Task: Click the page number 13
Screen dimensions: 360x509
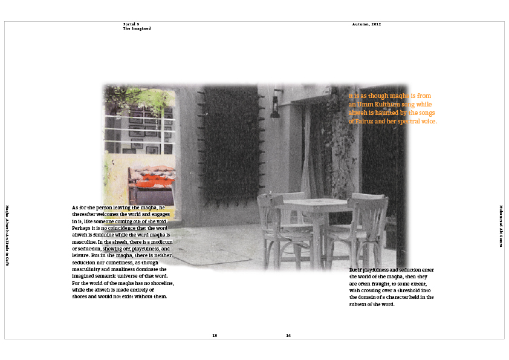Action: coord(215,335)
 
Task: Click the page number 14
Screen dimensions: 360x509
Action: coord(288,335)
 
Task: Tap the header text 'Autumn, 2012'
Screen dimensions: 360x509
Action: coord(366,24)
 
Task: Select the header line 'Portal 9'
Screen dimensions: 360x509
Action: coord(131,24)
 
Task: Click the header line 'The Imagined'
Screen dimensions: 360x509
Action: coord(137,28)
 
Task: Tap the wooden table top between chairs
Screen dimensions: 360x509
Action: coord(314,202)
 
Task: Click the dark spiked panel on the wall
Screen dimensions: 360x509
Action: coord(229,143)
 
